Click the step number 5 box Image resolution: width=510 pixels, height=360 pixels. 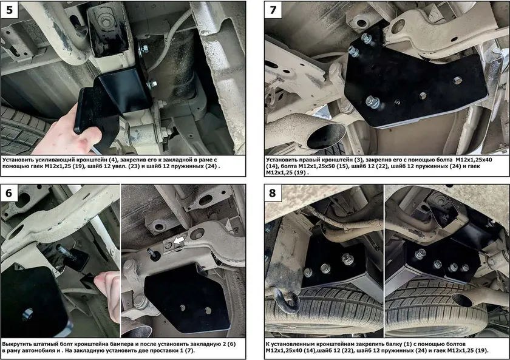click(x=10, y=10)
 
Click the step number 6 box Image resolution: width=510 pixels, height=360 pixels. click(x=9, y=193)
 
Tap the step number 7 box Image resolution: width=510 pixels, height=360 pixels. click(x=273, y=10)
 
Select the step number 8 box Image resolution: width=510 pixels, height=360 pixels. click(x=273, y=193)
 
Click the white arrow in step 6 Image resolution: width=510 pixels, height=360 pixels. click(x=178, y=241)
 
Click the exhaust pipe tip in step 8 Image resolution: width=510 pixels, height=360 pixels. click(x=462, y=300)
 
